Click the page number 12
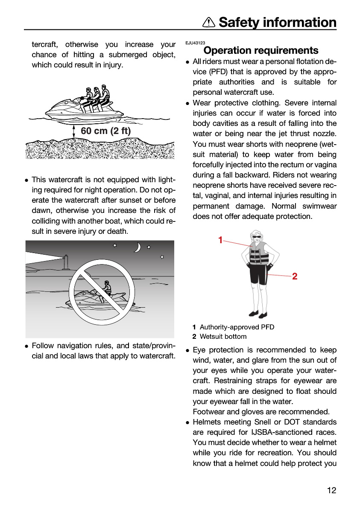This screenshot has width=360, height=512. [x=332, y=490]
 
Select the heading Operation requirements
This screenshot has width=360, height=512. [x=261, y=50]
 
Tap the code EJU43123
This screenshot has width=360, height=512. [x=195, y=43]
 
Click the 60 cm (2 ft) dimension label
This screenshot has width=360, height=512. [x=105, y=131]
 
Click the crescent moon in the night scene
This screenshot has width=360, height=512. [x=138, y=247]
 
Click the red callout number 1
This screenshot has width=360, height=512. [x=220, y=240]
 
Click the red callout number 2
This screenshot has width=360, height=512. [x=295, y=276]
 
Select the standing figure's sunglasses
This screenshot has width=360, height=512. [x=256, y=237]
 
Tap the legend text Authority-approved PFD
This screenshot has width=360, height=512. [x=237, y=327]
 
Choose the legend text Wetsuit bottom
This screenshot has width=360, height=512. [x=223, y=337]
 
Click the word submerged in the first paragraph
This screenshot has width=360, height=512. [x=127, y=55]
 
